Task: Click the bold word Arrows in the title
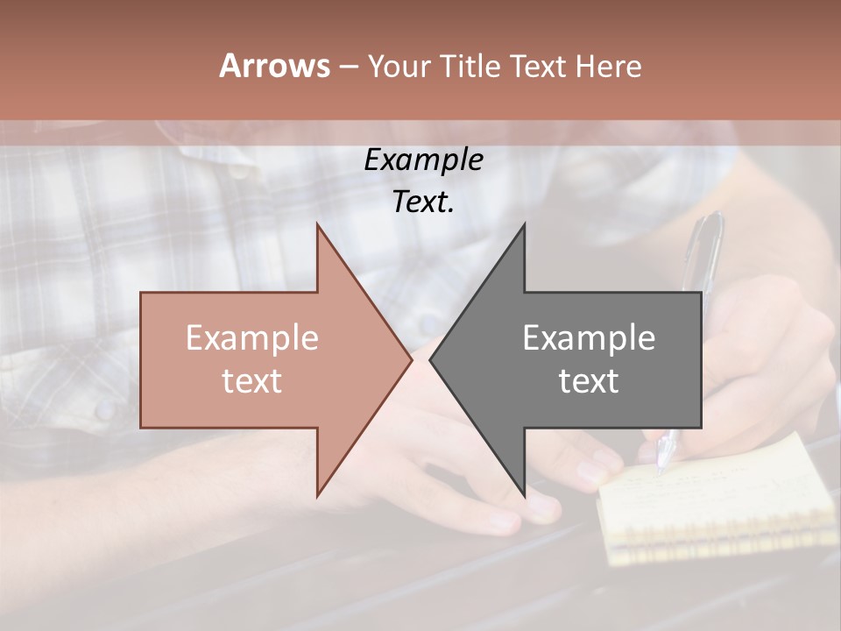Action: pos(274,66)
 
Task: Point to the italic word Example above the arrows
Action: pos(423,160)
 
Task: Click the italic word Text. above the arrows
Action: pos(423,202)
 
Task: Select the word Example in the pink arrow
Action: pos(252,338)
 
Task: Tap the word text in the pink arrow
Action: pos(252,381)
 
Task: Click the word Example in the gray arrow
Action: pos(589,338)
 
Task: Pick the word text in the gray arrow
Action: pos(589,381)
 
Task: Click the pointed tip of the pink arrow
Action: pos(410,359)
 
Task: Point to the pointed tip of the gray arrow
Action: pos(431,359)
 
